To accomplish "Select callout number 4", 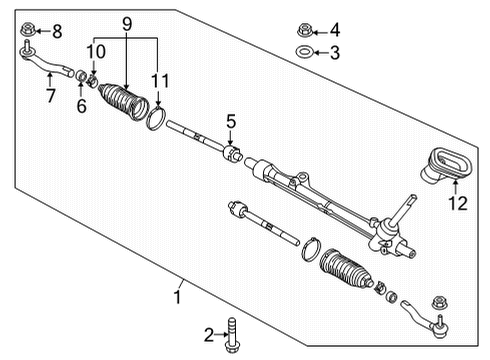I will (x=335, y=30).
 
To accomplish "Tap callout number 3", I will (x=335, y=52).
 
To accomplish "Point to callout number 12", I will (x=456, y=205).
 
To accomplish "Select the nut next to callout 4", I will (x=305, y=30).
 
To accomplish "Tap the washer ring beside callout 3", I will (x=304, y=52).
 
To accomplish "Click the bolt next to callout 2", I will (x=234, y=334).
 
